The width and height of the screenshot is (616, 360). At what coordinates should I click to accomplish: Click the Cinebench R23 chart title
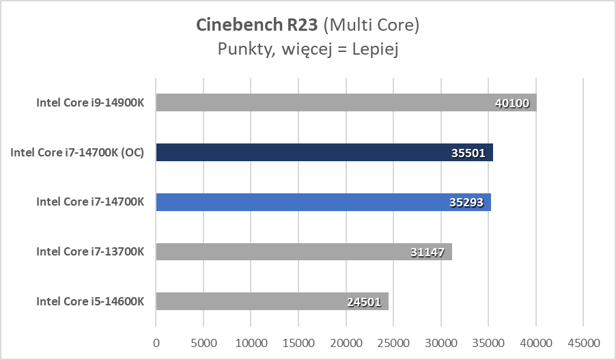click(x=307, y=25)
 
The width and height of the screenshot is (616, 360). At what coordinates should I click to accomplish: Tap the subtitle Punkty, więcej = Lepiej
click(x=307, y=49)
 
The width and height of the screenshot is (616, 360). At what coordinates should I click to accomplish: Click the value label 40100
click(x=512, y=103)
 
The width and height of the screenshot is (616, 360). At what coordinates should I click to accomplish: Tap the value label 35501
click(x=468, y=153)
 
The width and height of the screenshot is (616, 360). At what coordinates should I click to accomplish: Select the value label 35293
click(x=466, y=203)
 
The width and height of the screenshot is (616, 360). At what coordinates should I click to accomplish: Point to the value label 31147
click(x=428, y=252)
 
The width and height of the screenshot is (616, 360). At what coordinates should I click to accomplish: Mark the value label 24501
click(x=364, y=302)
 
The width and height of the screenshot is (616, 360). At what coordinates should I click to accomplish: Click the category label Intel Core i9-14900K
click(x=90, y=103)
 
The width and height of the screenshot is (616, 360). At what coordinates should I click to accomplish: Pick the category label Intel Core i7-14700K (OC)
click(x=77, y=152)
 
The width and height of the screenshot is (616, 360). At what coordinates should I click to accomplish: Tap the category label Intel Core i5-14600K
click(x=90, y=301)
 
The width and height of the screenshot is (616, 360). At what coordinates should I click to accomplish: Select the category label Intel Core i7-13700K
click(x=90, y=251)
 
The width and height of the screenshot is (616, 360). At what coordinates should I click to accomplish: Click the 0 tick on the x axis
click(x=156, y=342)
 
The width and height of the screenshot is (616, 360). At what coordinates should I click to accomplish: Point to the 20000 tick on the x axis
click(x=346, y=342)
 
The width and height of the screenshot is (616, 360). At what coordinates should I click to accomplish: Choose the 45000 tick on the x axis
click(x=583, y=342)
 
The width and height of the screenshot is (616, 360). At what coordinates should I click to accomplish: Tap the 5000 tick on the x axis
click(x=204, y=342)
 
